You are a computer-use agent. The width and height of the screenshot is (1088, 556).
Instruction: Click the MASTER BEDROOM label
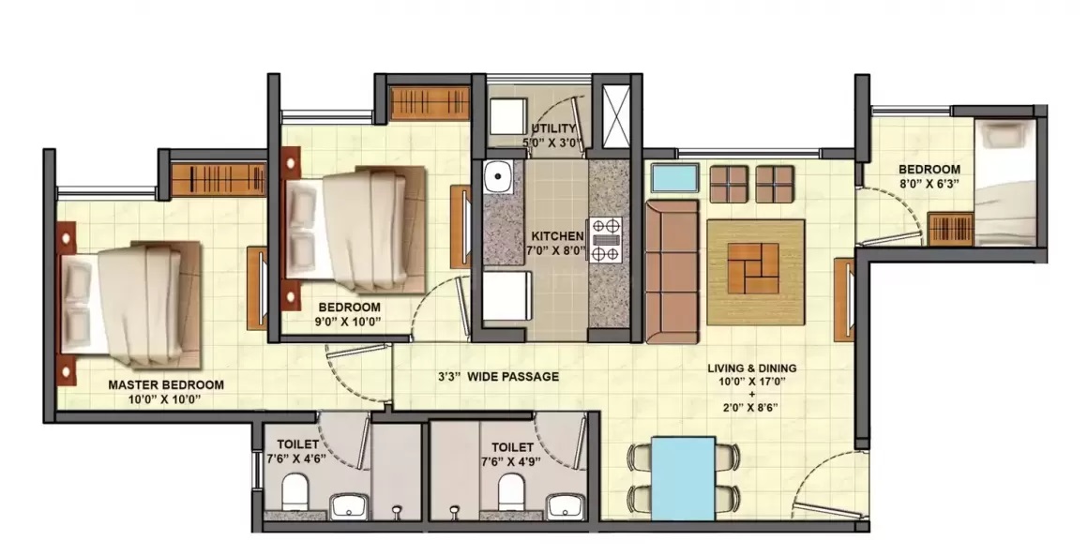point(166,384)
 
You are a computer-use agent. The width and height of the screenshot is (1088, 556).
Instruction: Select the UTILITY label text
point(553,128)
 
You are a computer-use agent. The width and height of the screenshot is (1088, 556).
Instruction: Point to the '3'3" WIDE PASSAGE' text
point(498,376)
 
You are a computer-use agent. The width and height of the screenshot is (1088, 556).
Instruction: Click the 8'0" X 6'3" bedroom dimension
point(929,183)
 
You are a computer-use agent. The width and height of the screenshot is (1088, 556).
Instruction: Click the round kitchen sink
point(497,177)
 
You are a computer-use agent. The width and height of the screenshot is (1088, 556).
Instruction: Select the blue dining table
point(684,478)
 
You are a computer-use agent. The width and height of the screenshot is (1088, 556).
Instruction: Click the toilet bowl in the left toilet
point(295,491)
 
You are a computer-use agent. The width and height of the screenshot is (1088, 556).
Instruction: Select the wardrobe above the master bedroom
point(219,179)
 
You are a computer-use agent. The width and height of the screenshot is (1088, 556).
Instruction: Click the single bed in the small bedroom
point(1005,182)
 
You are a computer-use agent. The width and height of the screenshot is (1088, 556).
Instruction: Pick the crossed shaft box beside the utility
point(615,115)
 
